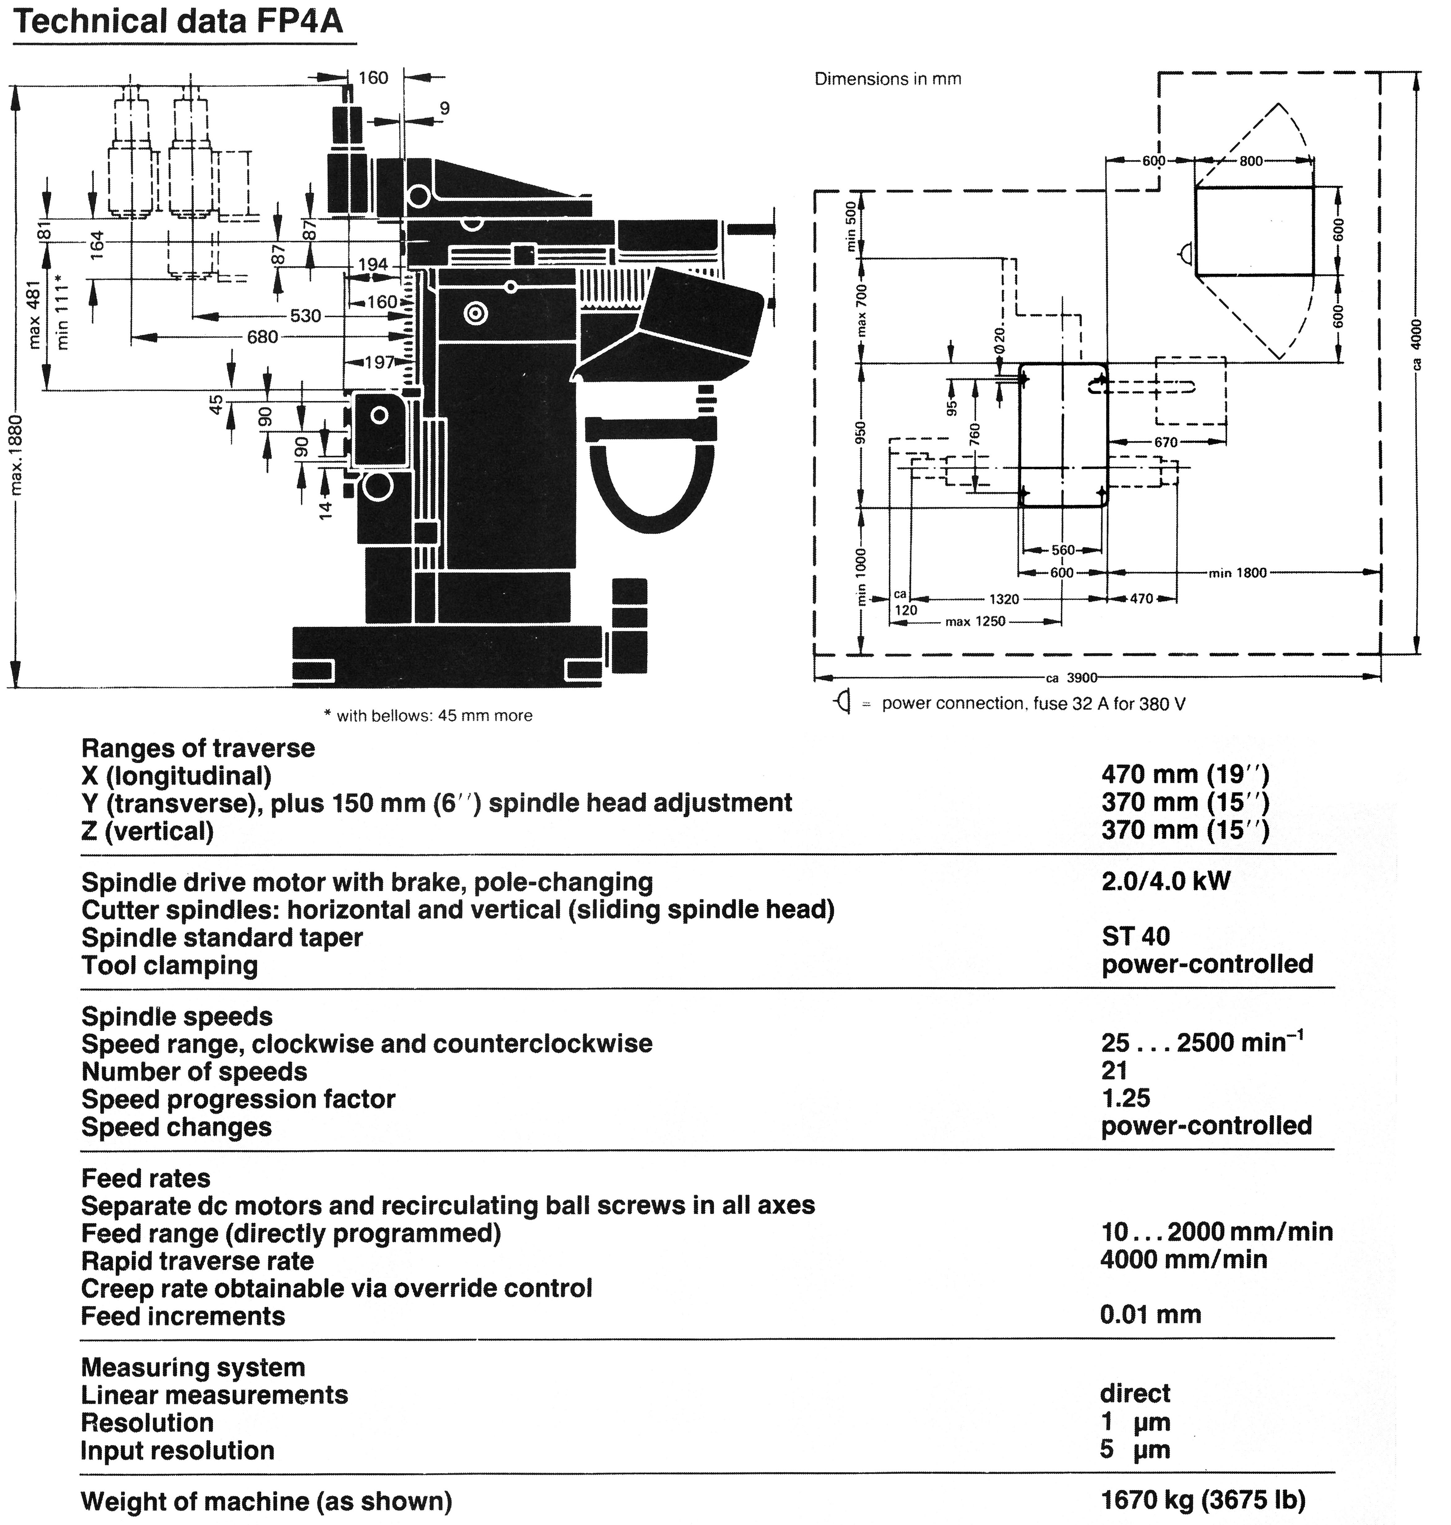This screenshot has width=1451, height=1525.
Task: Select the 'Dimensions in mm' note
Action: pyautogui.click(x=888, y=79)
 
